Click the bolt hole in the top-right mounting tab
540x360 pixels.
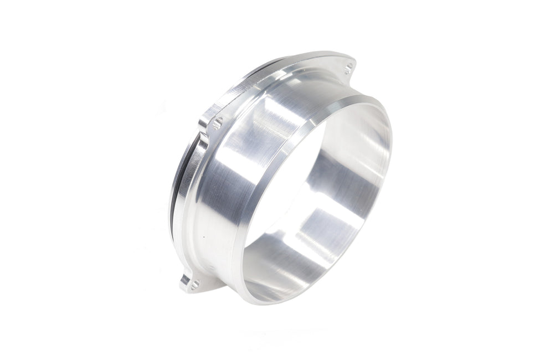348,69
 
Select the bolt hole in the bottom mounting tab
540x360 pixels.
194,285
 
